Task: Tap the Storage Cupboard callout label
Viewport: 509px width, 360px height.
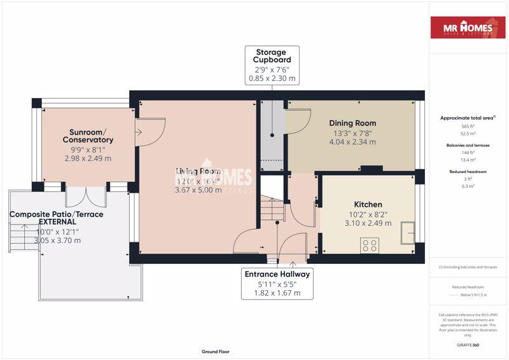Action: [x=272, y=65]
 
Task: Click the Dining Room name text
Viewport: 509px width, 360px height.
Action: [x=352, y=123]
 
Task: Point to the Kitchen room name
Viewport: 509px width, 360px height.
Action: [x=368, y=204]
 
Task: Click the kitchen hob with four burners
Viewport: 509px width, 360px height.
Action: [x=370, y=246]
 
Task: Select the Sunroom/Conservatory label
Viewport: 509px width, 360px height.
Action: [x=88, y=135]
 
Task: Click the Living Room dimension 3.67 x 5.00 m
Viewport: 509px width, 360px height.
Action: [x=199, y=190]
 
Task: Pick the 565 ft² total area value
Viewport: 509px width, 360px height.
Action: [x=468, y=127]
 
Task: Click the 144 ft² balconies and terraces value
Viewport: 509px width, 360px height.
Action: [x=468, y=153]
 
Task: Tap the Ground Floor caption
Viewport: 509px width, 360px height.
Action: [x=215, y=351]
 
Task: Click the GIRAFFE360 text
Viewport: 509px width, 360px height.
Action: [x=468, y=345]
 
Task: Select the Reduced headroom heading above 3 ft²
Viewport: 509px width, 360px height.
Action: [x=468, y=172]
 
